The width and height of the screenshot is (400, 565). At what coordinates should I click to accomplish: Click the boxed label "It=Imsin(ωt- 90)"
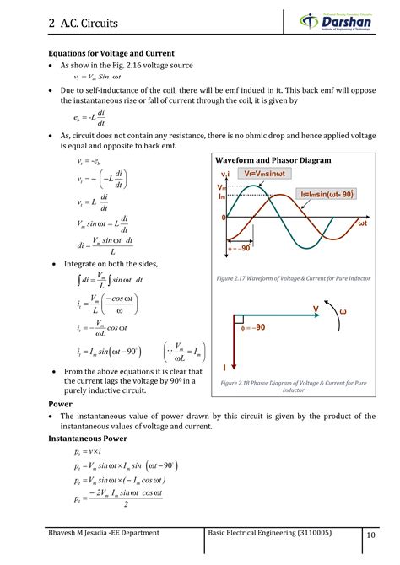328,194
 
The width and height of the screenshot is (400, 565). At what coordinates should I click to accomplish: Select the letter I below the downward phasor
224,368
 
